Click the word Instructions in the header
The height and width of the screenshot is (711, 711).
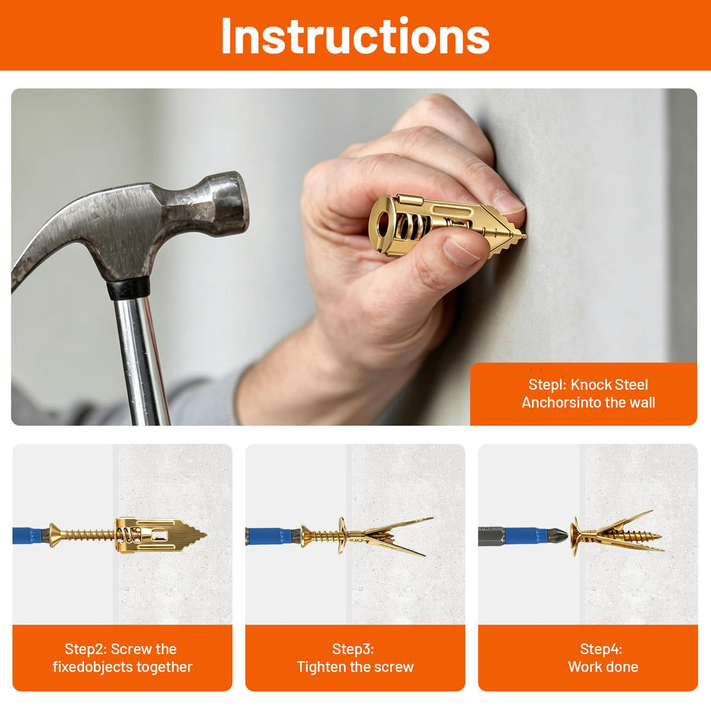(355, 36)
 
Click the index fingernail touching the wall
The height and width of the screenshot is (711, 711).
(508, 202)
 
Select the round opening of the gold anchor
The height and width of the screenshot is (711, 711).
(384, 225)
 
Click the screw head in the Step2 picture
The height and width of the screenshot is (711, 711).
(55, 536)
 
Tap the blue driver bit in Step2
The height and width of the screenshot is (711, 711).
(27, 536)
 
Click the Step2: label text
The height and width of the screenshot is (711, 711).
(85, 649)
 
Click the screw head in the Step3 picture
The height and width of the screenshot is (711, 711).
(306, 536)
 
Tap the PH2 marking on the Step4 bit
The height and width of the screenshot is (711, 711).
(486, 529)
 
